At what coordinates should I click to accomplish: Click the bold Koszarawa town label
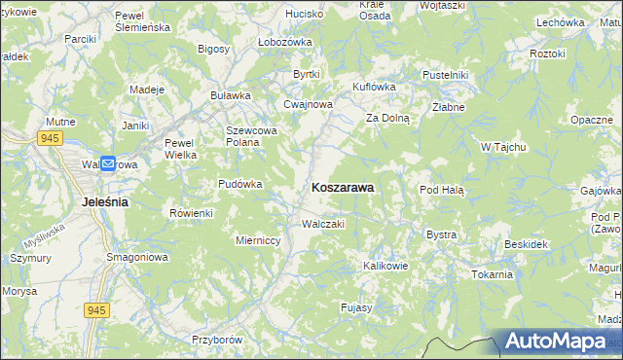pos(343,189)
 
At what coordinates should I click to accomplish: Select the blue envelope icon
pos(107,164)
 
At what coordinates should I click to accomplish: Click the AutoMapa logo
pos(561,342)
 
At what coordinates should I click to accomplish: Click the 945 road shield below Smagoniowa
pos(95,309)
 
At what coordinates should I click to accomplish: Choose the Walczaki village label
pos(323,224)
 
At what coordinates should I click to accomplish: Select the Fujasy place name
pos(356,307)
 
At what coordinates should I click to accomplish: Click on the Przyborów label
pos(215,340)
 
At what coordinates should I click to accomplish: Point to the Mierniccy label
pos(259,239)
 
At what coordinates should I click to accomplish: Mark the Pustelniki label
pos(446,75)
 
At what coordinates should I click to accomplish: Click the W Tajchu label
pos(503,147)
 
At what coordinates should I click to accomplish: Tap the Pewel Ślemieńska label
pos(142,21)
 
